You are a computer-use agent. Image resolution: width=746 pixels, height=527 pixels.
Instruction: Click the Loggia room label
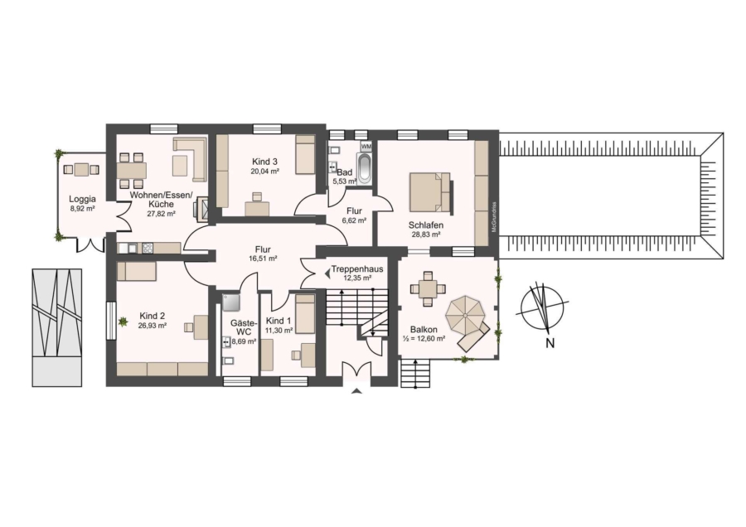[82, 200]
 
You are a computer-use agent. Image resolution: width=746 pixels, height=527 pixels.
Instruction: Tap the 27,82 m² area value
[162, 214]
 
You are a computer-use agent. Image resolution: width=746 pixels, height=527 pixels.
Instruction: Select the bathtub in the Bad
[366, 168]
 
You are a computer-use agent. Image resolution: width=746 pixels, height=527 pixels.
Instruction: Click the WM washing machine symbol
[366, 146]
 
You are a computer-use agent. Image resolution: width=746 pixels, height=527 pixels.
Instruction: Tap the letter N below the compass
[550, 343]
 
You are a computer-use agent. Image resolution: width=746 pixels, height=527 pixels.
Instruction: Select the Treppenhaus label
[357, 268]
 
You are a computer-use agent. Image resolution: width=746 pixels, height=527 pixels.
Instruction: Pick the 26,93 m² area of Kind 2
[153, 326]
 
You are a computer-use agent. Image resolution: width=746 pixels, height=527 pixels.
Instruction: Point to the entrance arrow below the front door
[356, 391]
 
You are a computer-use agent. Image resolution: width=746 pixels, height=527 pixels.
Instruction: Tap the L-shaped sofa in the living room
[191, 159]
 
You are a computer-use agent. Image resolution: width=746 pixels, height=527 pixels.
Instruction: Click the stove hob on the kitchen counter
[148, 248]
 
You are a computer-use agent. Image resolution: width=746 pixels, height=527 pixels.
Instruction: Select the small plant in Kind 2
[123, 322]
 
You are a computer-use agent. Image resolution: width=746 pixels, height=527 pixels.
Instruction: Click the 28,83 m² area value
[426, 234]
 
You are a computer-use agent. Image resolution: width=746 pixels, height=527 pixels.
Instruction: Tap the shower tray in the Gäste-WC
[231, 302]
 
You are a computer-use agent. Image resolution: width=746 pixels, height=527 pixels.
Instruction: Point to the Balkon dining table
[428, 288]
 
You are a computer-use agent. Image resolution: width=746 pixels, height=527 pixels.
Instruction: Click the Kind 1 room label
[279, 321]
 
